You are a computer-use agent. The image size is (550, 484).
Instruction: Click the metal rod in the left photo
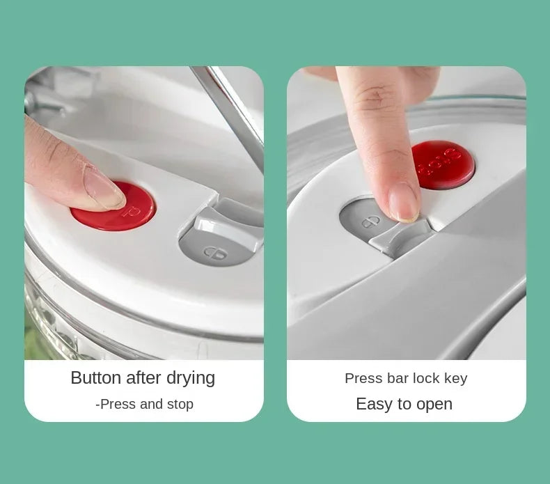click(x=230, y=111)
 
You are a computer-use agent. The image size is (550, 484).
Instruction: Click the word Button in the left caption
click(x=96, y=378)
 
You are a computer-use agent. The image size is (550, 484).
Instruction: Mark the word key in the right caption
click(x=455, y=379)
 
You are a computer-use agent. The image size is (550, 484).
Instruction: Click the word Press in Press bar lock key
click(x=363, y=378)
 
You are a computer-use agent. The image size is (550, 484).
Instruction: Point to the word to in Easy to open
click(x=404, y=405)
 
